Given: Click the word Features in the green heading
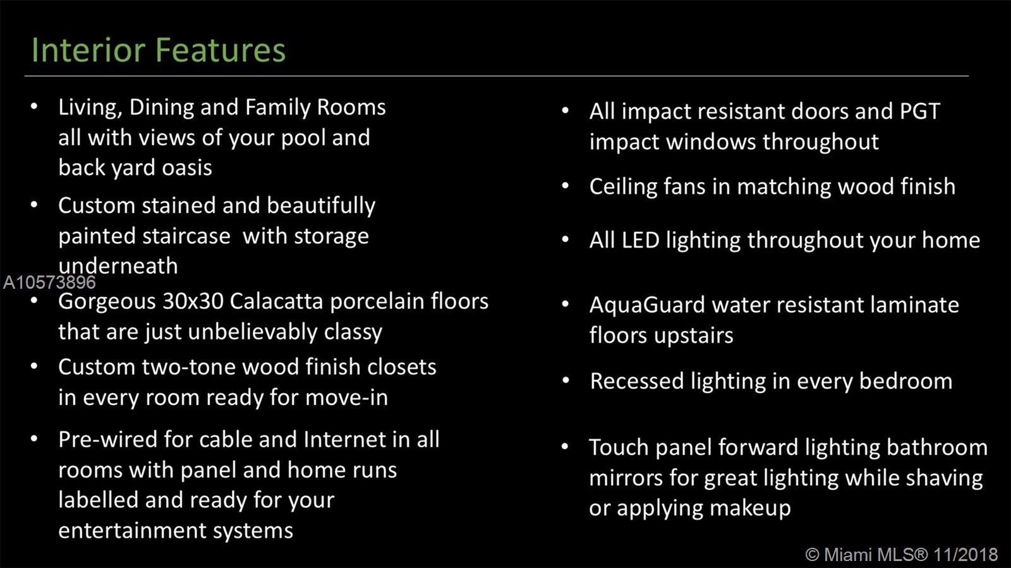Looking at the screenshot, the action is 221,49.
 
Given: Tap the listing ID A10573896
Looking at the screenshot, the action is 49,282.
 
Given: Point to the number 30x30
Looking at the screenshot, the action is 193,301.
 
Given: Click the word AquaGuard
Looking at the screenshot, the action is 647,305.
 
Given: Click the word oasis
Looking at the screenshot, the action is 187,168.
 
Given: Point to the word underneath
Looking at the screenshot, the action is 118,265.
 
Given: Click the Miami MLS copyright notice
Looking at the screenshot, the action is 901,555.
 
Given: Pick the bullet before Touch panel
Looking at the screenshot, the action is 565,446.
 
